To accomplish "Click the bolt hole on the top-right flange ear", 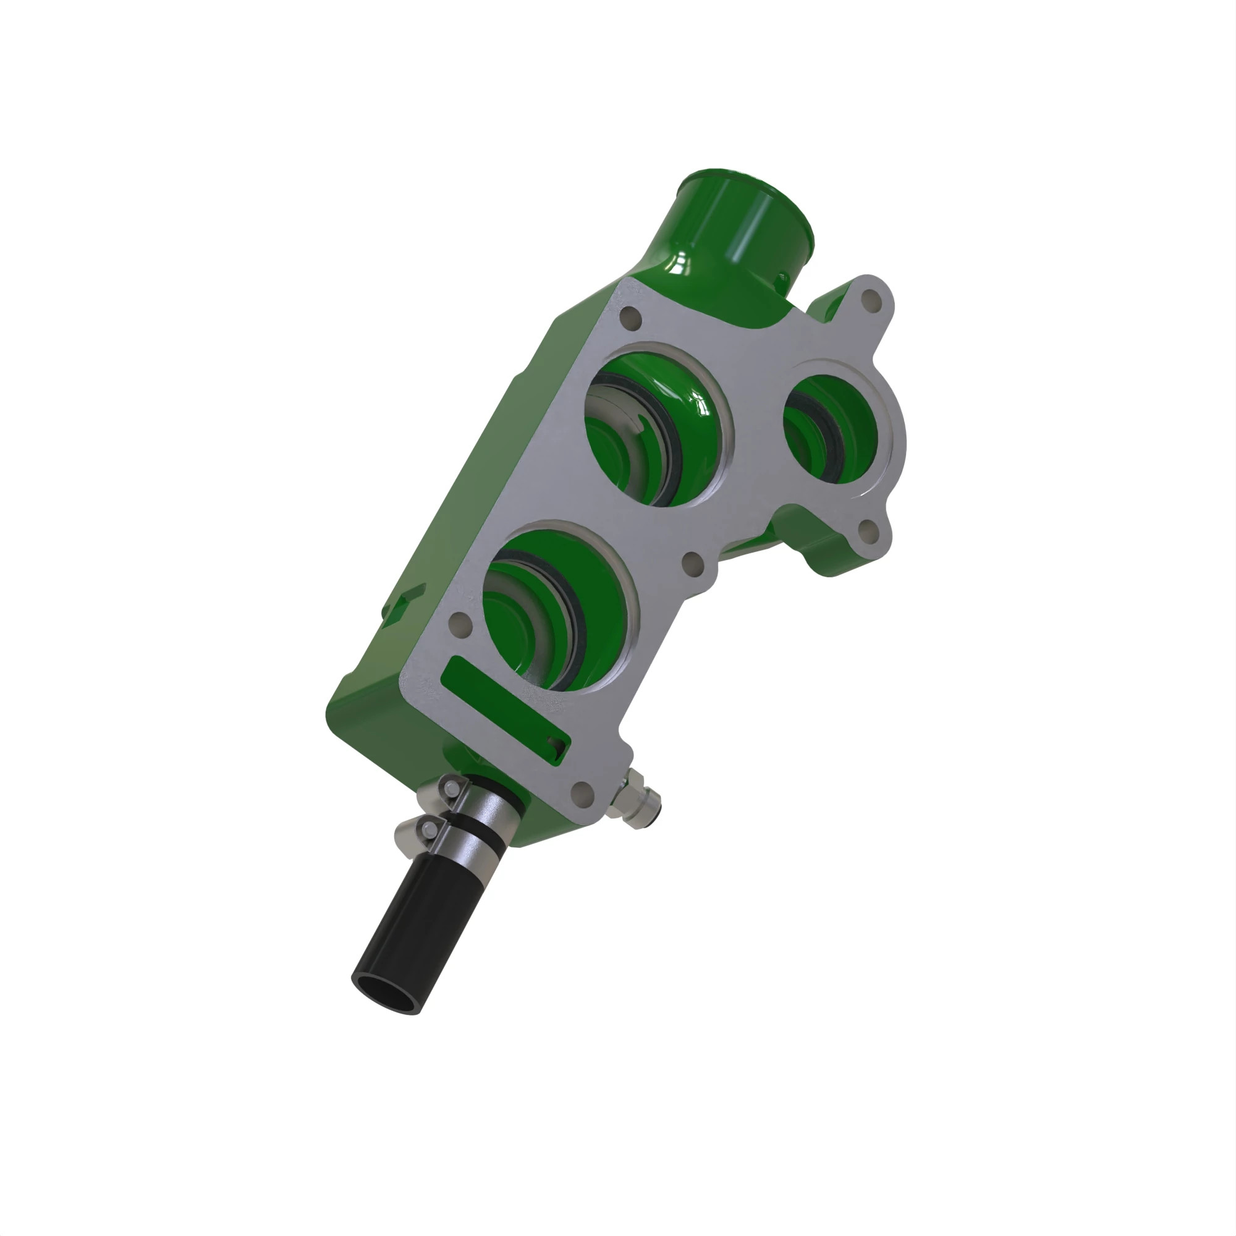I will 870,298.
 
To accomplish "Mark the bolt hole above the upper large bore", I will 630,318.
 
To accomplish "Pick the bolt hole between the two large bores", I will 693,563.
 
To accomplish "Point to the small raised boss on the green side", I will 403,601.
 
